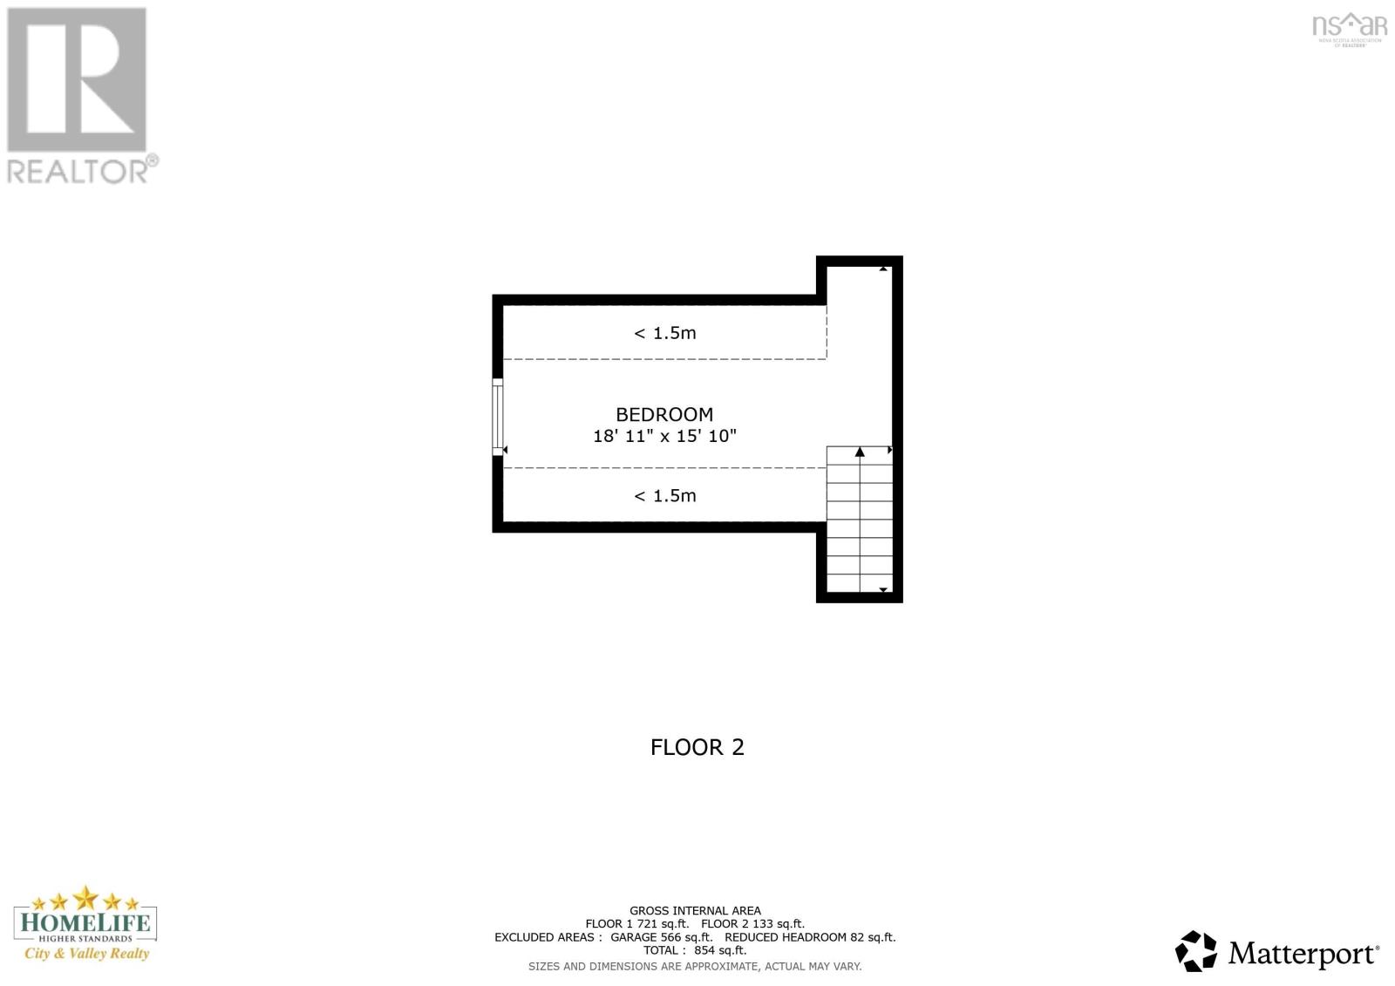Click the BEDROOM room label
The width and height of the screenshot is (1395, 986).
click(x=664, y=415)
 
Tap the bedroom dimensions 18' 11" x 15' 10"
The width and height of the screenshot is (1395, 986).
click(x=664, y=436)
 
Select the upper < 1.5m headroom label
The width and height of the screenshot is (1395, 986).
click(x=664, y=333)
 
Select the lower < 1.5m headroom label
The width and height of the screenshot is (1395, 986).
click(x=664, y=496)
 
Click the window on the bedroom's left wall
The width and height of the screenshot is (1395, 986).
click(x=498, y=417)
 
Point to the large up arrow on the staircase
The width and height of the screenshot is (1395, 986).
click(x=860, y=452)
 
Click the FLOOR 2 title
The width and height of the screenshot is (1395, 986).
click(x=697, y=747)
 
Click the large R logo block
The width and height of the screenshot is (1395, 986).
click(x=77, y=80)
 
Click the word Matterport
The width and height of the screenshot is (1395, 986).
click(x=1303, y=953)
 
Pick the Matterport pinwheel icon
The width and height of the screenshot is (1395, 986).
click(x=1195, y=951)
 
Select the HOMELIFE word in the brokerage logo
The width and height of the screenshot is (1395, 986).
click(x=85, y=922)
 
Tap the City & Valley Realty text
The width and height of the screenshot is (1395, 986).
click(x=86, y=953)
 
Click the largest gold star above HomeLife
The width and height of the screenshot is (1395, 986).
click(x=85, y=897)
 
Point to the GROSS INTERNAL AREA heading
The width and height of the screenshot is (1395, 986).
click(x=695, y=910)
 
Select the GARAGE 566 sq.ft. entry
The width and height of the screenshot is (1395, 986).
click(x=661, y=937)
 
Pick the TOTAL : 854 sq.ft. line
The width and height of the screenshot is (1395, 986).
click(x=695, y=950)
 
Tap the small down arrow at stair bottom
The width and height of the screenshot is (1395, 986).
click(x=883, y=590)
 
